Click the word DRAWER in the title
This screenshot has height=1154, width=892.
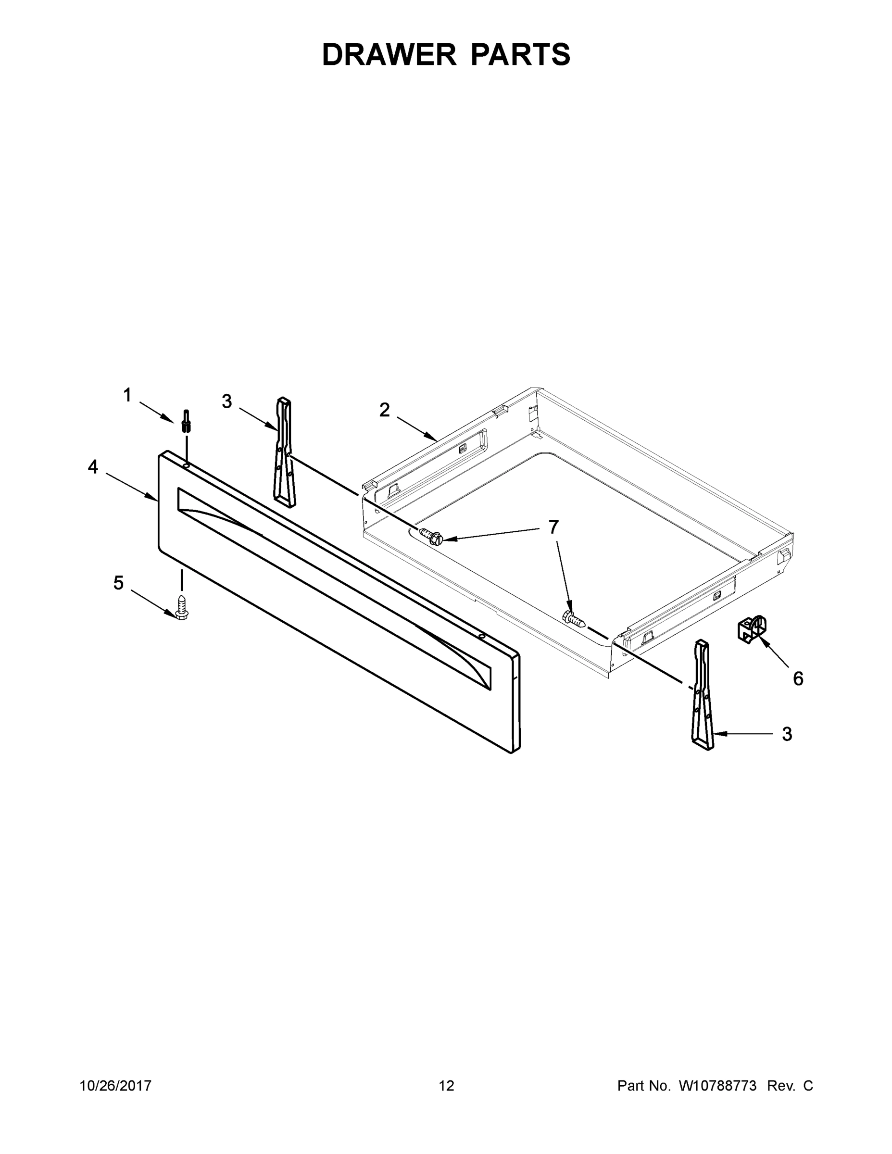(x=389, y=54)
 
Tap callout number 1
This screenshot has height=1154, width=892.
(x=127, y=395)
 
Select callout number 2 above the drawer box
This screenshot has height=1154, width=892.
(x=385, y=410)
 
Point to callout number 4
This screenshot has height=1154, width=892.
(x=93, y=466)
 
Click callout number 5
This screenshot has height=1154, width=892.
(x=118, y=583)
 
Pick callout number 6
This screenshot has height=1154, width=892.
(x=798, y=679)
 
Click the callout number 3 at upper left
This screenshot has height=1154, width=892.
(x=226, y=401)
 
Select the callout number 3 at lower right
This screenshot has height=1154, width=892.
(x=787, y=734)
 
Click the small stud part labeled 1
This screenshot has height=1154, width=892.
(x=186, y=421)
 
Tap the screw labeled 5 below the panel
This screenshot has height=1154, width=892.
(x=181, y=607)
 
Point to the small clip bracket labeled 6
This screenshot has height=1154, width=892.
(x=751, y=630)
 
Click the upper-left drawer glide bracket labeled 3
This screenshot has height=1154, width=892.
(x=284, y=452)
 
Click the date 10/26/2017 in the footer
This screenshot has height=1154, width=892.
(x=115, y=1086)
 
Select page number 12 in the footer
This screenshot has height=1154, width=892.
(x=446, y=1086)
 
